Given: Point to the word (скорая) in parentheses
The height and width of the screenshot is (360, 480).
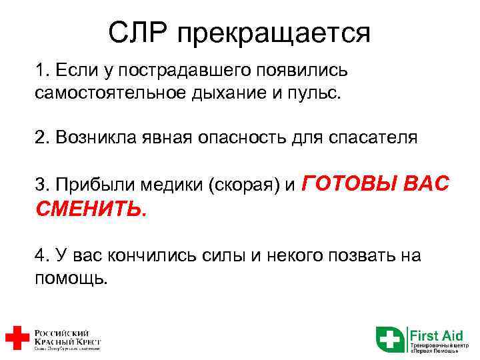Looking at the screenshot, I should [x=244, y=185].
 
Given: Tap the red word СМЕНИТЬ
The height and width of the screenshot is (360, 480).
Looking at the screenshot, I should [x=89, y=209].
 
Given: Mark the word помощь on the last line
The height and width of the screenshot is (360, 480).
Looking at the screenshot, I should [x=69, y=277].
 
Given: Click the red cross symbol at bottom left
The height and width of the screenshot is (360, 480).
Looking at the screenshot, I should [x=15, y=338].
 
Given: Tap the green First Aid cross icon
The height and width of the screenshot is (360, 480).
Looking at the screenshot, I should [x=390, y=338].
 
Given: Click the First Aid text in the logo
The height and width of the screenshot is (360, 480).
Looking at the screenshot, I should [x=435, y=333].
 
